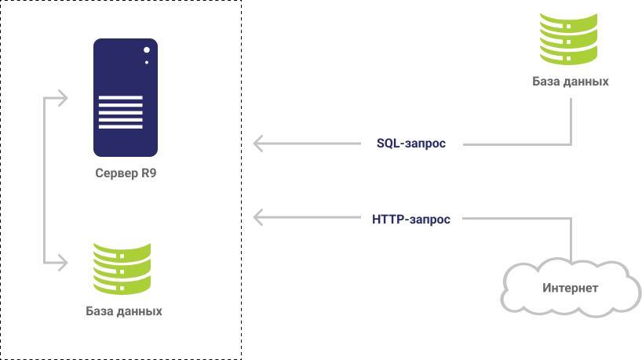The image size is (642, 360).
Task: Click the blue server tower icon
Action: pos(125,97)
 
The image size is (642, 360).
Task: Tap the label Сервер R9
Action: pos(125,173)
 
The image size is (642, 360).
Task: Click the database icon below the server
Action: pos(122,268)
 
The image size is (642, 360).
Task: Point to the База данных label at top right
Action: pos(570,82)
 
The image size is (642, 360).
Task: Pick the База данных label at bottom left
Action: pos(124,311)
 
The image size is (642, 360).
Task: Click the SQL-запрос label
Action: pos(410,144)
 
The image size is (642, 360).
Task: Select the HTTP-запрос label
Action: pos(410,220)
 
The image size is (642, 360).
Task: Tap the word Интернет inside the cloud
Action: pos(570,289)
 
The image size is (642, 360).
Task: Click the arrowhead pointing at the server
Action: pos(64,99)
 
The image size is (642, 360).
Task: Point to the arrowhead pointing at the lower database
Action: pos(64,260)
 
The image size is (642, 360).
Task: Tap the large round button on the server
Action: pos(146,50)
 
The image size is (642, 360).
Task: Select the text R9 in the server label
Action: pos(148,173)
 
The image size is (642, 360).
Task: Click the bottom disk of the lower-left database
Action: pos(122,285)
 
